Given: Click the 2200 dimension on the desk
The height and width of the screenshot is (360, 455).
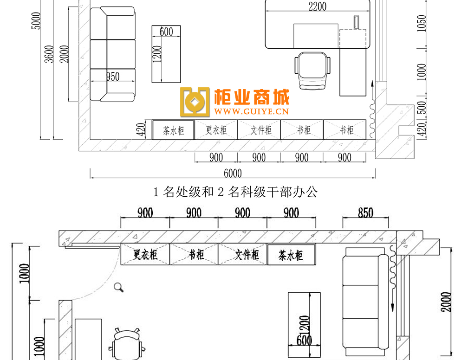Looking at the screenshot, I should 317,6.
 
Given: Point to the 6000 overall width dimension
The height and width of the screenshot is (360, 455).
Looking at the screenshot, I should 233,174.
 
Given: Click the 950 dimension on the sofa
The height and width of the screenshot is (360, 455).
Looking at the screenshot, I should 113,77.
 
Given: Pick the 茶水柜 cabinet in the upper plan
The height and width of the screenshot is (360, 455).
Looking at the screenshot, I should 173,130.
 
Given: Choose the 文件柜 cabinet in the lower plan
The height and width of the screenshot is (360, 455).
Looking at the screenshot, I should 243,255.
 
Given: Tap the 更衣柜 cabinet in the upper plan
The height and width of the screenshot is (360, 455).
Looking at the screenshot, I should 216,130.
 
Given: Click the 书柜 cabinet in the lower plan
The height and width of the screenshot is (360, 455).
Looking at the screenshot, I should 194,255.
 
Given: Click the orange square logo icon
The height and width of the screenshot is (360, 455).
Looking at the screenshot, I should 195,102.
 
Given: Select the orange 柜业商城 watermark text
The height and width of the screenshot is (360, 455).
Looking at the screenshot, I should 252,97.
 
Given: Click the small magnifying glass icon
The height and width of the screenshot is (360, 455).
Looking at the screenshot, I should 119,288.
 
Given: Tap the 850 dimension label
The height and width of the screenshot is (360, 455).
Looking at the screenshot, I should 365,213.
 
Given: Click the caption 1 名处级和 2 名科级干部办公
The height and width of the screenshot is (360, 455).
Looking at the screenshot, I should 235,192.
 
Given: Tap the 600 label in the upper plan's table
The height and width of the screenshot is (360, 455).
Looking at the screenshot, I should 166,32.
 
